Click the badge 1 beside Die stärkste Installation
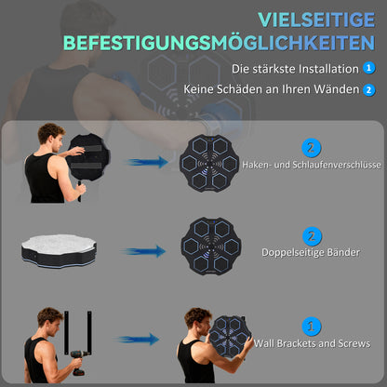coord(370,68)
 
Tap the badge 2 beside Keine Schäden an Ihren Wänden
coord(370,90)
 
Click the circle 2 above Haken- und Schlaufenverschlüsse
coord(310,146)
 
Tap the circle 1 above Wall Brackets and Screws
coord(310,326)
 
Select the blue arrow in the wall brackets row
coord(138,340)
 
